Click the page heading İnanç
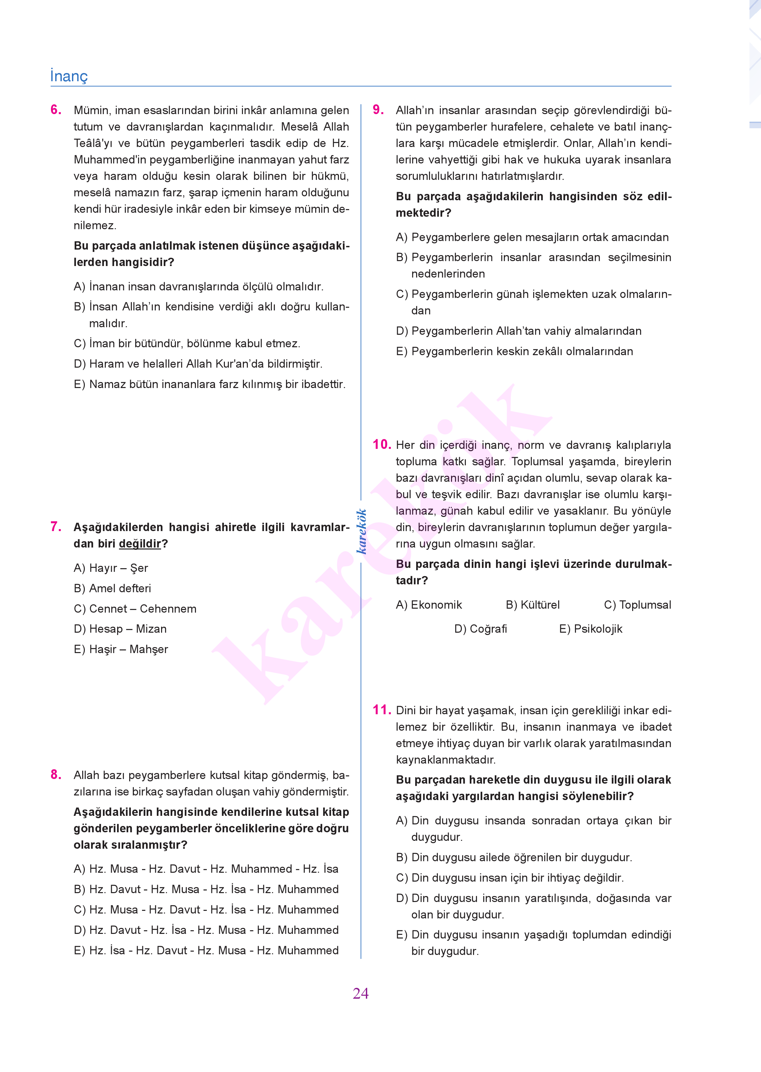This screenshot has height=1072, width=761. [x=69, y=76]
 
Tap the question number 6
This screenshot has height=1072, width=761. [x=56, y=110]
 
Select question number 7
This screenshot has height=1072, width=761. [x=56, y=527]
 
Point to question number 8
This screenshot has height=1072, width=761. [x=56, y=775]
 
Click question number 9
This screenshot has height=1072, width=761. [x=378, y=110]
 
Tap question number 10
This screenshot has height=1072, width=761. [x=381, y=444]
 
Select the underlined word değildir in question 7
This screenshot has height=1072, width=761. [x=140, y=544]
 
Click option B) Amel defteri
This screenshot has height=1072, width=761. [x=112, y=588]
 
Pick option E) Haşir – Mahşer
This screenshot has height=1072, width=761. [x=121, y=649]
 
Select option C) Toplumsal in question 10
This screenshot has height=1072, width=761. [x=637, y=605]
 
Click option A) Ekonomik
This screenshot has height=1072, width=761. [x=429, y=605]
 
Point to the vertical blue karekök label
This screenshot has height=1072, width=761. [x=361, y=531]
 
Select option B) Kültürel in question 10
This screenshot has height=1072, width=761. [x=533, y=605]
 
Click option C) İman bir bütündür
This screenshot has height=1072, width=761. [x=187, y=344]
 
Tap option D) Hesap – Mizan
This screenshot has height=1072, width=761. [x=120, y=629]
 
